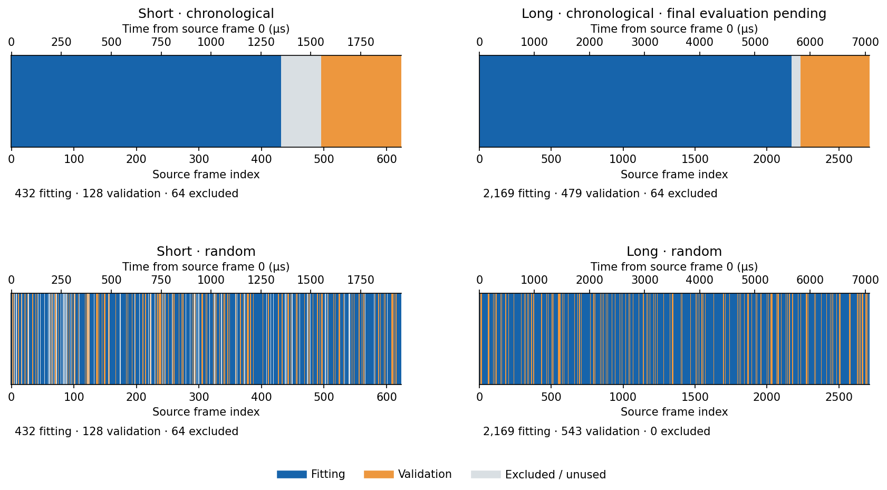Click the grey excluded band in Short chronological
[301, 101]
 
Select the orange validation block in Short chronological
[361, 101]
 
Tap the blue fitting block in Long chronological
[635, 101]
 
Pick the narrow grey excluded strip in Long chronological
[796, 101]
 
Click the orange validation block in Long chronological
[835, 101]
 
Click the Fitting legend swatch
[292, 475]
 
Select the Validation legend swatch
[379, 475]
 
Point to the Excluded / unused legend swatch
[486, 475]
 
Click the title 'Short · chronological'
[206, 14]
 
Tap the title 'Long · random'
[674, 252]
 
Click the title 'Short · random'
[206, 252]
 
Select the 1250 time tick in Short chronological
[261, 42]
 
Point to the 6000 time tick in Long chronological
[810, 42]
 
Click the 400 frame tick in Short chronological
[262, 159]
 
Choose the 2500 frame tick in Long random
[838, 397]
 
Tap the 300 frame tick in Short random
[199, 397]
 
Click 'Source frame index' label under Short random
[206, 412]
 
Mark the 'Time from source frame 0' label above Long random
[662, 266]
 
